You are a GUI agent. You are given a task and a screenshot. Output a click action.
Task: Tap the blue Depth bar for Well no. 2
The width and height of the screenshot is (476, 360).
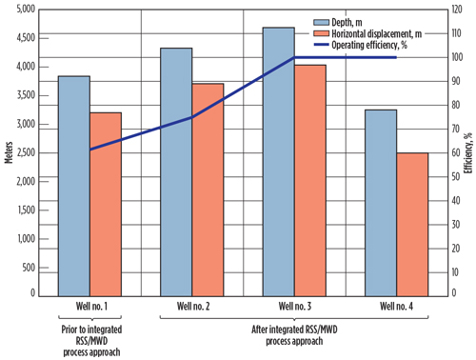pyautogui.click(x=176, y=171)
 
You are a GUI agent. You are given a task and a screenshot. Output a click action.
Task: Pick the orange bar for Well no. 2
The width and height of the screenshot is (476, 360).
pyautogui.click(x=208, y=190)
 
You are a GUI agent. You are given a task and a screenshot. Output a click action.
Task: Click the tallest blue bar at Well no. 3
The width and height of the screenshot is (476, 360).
pyautogui.click(x=278, y=162)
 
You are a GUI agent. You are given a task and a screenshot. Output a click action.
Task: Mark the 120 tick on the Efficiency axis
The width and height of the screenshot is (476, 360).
pyautogui.click(x=444, y=10)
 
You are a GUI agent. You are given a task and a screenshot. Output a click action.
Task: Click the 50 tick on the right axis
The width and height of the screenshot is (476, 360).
pyautogui.click(x=442, y=176)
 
